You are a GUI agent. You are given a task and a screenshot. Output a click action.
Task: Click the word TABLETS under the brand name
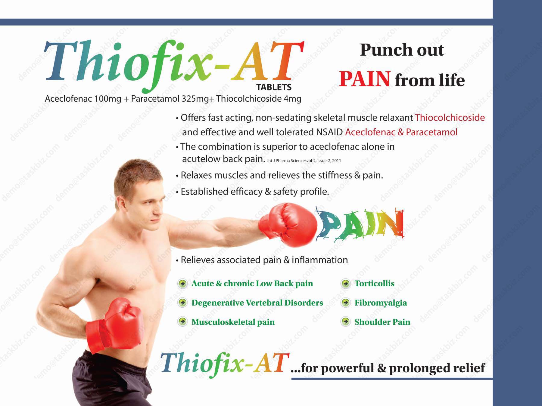point(274,87)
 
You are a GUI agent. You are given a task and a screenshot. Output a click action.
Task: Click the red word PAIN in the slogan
point(365,79)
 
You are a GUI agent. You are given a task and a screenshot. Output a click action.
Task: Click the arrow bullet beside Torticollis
point(345,283)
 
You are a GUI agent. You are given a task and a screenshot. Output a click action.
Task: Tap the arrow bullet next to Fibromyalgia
point(345,303)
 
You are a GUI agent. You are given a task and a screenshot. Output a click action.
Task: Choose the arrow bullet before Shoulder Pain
point(345,322)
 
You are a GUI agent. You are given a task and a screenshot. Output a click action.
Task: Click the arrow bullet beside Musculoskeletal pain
point(182,322)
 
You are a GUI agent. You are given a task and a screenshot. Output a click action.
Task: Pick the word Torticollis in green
point(374,283)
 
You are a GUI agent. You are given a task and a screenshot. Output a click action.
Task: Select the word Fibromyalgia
point(381,303)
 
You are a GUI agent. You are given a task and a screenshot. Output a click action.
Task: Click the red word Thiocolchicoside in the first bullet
point(450,117)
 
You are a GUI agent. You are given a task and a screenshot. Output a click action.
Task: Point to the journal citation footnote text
point(304,161)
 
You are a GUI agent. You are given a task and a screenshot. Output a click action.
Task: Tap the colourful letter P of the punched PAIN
point(330,224)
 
